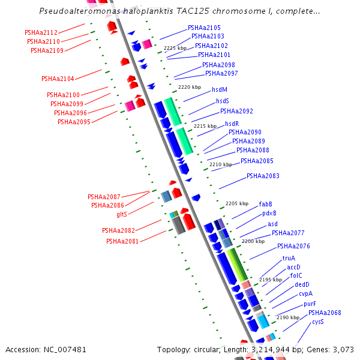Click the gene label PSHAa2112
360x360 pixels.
pos(41,32)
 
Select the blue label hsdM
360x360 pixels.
pos(220,89)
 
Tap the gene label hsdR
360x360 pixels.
pos(232,124)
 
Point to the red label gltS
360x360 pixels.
pos(122,214)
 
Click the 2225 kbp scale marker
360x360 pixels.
pos(175,48)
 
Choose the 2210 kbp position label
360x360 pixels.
pos(220,164)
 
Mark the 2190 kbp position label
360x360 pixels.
pos(287,317)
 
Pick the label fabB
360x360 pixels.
pos(265,204)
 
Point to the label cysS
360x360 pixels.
pos(317,322)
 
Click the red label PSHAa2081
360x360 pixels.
pos(122,241)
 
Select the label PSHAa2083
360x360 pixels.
pos(263,176)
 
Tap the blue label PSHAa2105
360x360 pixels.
pos(204,28)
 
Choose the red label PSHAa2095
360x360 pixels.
pos(74,122)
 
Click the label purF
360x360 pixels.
pos(310,304)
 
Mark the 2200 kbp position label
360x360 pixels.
pos(253,241)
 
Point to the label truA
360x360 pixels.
pos(289,258)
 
